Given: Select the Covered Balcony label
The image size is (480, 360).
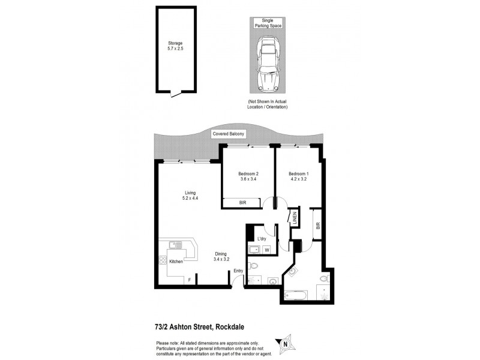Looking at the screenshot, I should (228, 134).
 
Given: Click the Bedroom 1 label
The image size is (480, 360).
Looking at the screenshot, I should (298, 173).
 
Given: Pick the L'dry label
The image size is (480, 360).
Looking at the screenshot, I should (262, 239).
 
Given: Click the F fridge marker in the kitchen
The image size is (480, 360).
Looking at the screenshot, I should (189, 280).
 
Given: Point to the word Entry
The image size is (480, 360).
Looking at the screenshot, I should (238, 271).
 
